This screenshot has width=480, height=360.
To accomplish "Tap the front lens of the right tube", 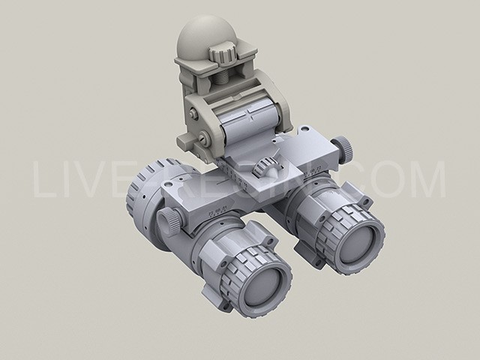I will coord(368,241).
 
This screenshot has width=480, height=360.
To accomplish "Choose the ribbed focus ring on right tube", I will coord(345,225).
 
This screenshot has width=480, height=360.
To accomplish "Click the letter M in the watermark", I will coord(430,180).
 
